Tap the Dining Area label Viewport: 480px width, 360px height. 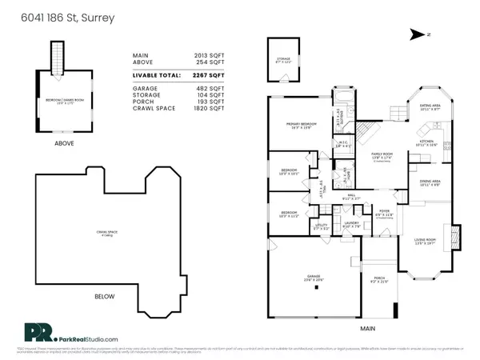tap(429, 182)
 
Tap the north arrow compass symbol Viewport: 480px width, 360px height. tap(417, 34)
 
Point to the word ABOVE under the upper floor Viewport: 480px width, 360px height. tap(64, 144)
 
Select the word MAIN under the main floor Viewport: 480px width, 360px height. tap(367, 328)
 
